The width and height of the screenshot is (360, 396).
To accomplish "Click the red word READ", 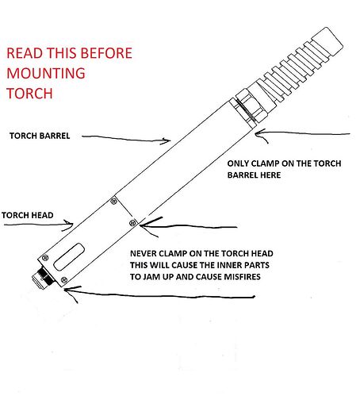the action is point(25,53).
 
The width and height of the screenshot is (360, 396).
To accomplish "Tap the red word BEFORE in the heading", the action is point(106,53).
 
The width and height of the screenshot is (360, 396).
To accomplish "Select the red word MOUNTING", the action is point(46,73).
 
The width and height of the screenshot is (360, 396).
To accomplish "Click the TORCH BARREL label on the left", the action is point(40,136).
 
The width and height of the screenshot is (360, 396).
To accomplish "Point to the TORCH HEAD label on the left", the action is point(28,215).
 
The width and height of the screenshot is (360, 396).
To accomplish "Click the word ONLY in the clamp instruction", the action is point(238,163).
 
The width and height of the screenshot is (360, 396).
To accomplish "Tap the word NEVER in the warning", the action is point(143,254).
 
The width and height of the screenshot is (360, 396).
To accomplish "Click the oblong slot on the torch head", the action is point(69,257).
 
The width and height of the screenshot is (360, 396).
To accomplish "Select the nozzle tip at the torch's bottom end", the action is point(42,277).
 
